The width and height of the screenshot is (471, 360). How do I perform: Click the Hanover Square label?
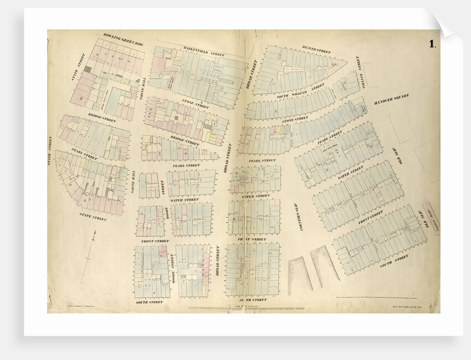pos(391,100)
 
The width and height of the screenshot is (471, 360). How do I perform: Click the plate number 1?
pos(432,45)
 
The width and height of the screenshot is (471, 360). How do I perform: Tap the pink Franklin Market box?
pos(431,218)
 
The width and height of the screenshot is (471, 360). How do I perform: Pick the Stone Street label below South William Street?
pos(295,118)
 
